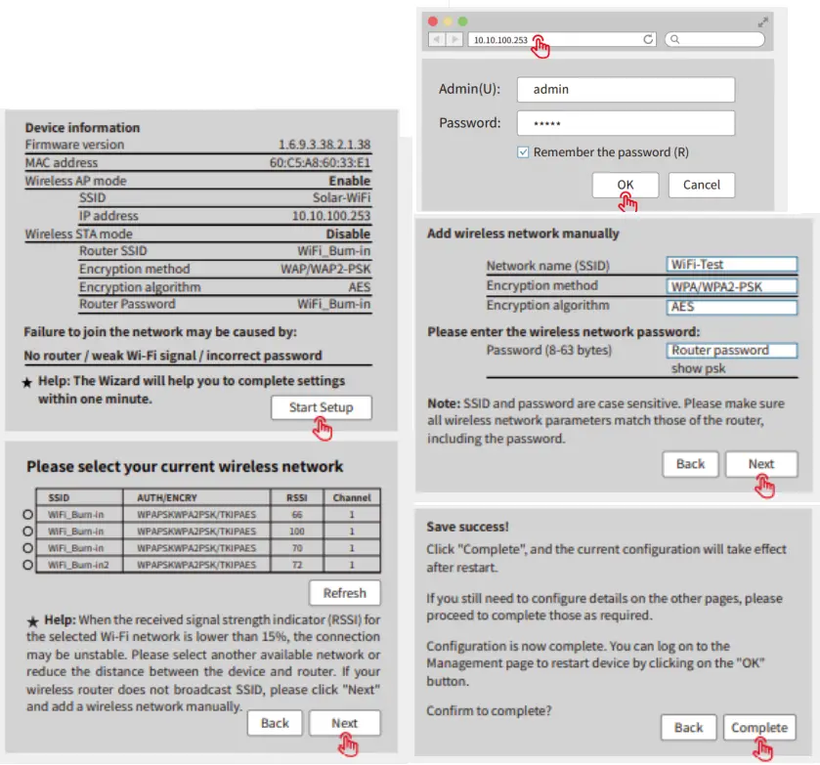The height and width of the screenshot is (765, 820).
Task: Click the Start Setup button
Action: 321,407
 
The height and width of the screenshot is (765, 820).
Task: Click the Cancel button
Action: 701,185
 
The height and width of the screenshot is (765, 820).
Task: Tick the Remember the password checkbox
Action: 524,152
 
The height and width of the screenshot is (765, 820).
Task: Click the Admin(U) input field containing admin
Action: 626,90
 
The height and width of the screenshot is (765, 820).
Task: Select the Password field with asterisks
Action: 626,124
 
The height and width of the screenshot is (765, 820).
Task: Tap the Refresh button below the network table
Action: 344,593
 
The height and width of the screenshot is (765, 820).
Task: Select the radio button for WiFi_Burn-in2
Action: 27,565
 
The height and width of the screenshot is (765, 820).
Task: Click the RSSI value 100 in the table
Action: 297,531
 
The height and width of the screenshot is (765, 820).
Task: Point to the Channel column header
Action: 352,497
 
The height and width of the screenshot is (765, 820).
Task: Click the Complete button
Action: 758,727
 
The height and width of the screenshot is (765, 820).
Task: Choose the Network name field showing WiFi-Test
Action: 732,265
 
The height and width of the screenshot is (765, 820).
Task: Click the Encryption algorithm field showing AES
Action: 732,307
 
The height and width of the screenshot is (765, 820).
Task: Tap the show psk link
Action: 698,368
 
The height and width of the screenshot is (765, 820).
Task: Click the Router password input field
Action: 732,350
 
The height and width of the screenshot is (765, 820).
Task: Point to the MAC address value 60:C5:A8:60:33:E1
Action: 320,162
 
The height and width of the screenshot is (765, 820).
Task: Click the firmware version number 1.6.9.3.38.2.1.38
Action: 324,145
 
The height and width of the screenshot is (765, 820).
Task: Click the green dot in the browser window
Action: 463,21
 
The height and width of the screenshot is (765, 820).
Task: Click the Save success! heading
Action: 467,527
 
